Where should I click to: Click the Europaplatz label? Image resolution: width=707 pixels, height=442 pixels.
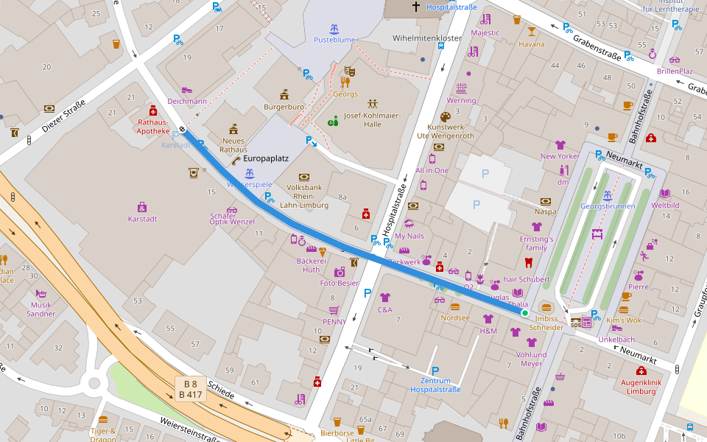click(266, 158)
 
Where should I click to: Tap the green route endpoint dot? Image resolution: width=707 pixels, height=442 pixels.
click(525, 313)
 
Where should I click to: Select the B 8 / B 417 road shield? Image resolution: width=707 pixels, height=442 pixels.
click(190, 389)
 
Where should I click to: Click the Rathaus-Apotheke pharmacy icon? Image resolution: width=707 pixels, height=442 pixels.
click(153, 110)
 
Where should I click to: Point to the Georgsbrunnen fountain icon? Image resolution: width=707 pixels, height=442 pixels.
click(608, 195)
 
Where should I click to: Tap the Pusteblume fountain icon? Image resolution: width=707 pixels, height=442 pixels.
click(334, 29)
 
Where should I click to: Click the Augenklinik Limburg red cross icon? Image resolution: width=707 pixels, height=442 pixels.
click(641, 371)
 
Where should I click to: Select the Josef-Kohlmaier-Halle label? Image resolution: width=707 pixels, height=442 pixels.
click(373, 119)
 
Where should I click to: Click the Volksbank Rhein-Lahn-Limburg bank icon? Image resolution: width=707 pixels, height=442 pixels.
click(303, 177)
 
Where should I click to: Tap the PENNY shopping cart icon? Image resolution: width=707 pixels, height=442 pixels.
click(334, 310)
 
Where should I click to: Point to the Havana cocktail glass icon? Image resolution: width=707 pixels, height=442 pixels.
click(532, 32)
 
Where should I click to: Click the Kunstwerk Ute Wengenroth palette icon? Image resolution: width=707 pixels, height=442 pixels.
click(445, 117)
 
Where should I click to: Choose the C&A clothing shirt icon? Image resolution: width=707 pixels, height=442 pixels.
click(384, 298)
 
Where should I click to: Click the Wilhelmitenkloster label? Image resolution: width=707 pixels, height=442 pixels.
click(427, 38)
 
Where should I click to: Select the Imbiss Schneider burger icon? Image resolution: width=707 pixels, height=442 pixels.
click(546, 306)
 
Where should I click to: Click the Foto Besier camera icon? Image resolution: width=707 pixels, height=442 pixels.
click(339, 272)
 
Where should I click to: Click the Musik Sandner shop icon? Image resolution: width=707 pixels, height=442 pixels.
click(41, 294)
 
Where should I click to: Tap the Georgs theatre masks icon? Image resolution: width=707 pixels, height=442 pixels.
click(349, 71)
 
